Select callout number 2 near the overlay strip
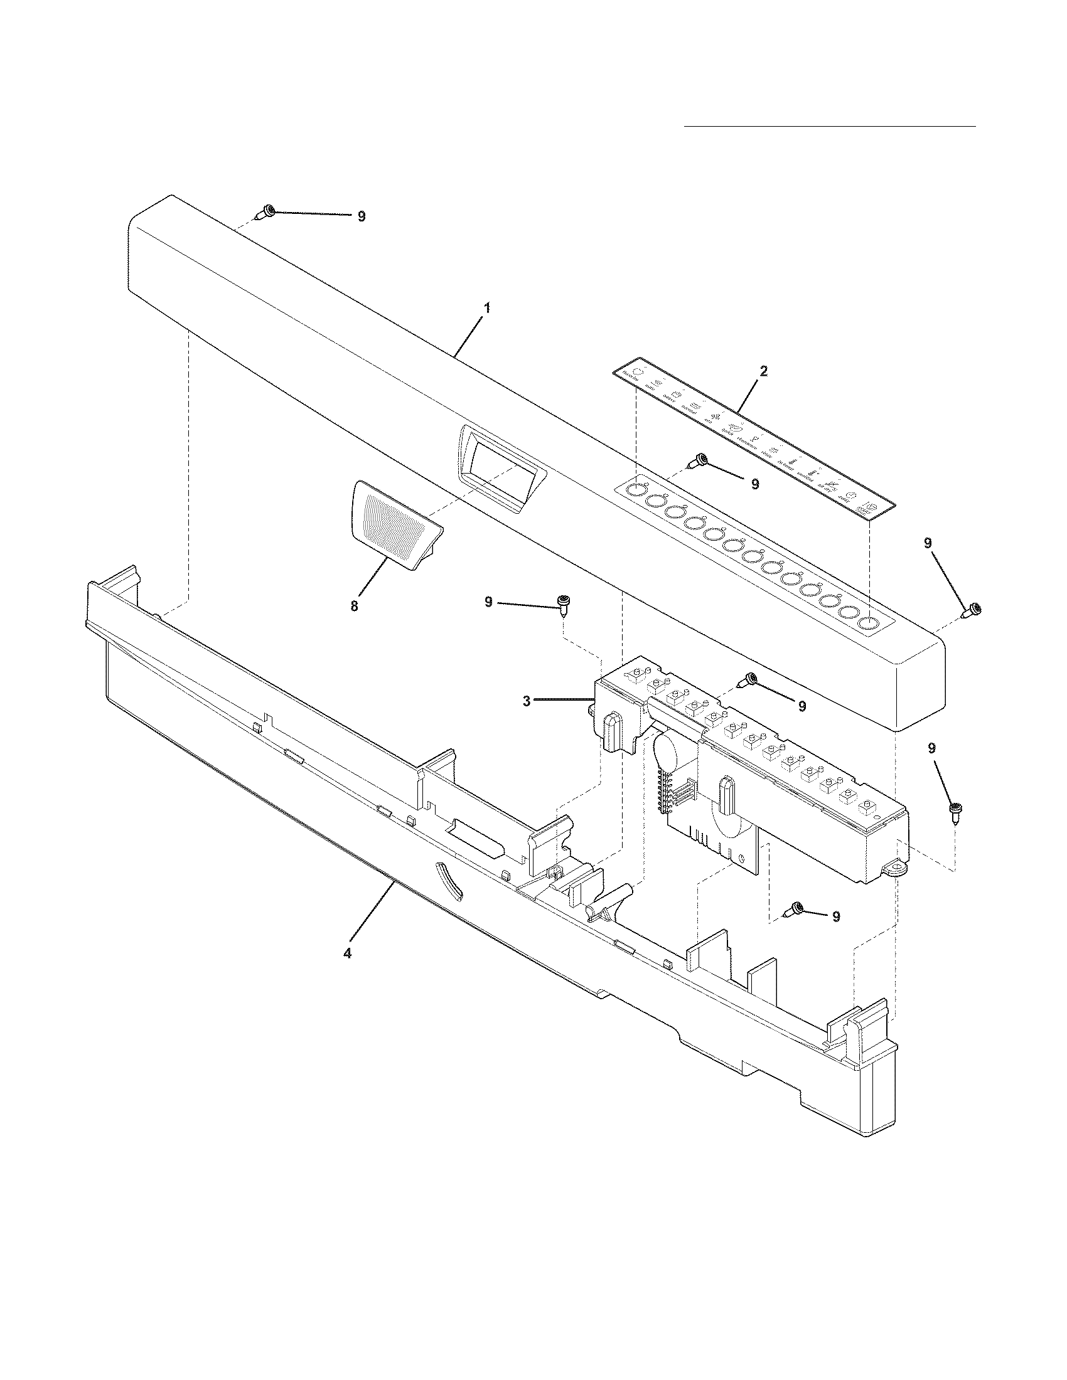[764, 371]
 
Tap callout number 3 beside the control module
[527, 700]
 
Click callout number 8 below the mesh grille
[354, 606]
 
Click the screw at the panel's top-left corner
[265, 213]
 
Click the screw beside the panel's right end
[972, 610]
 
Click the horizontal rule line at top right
[830, 126]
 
